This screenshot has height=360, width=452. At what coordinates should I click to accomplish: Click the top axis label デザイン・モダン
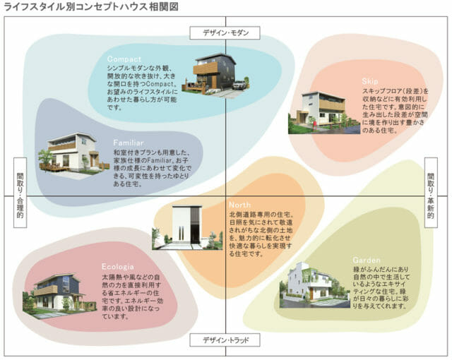[225, 32]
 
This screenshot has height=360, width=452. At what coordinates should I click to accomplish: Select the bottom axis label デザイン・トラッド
[225, 340]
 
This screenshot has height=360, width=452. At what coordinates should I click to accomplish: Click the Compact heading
[124, 59]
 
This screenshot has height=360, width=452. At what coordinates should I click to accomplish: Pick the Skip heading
[370, 82]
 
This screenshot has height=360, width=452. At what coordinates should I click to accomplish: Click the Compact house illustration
[214, 73]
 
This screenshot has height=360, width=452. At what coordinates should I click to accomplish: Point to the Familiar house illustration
[71, 152]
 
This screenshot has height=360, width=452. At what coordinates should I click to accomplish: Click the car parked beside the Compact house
[239, 85]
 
